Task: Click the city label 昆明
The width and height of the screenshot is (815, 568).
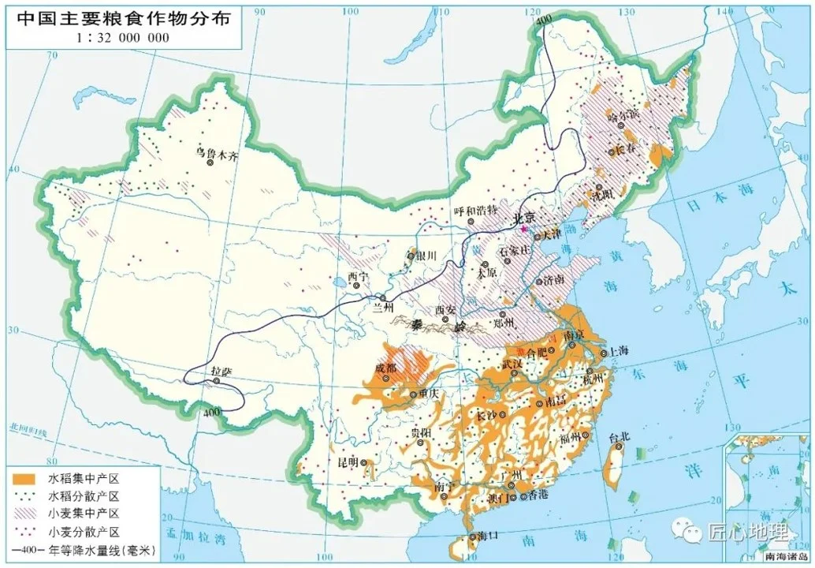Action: pyautogui.click(x=348, y=461)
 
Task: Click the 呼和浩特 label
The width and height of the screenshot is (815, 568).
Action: pyautogui.click(x=476, y=210)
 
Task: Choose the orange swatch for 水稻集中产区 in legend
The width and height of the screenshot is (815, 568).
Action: pyautogui.click(x=24, y=478)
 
